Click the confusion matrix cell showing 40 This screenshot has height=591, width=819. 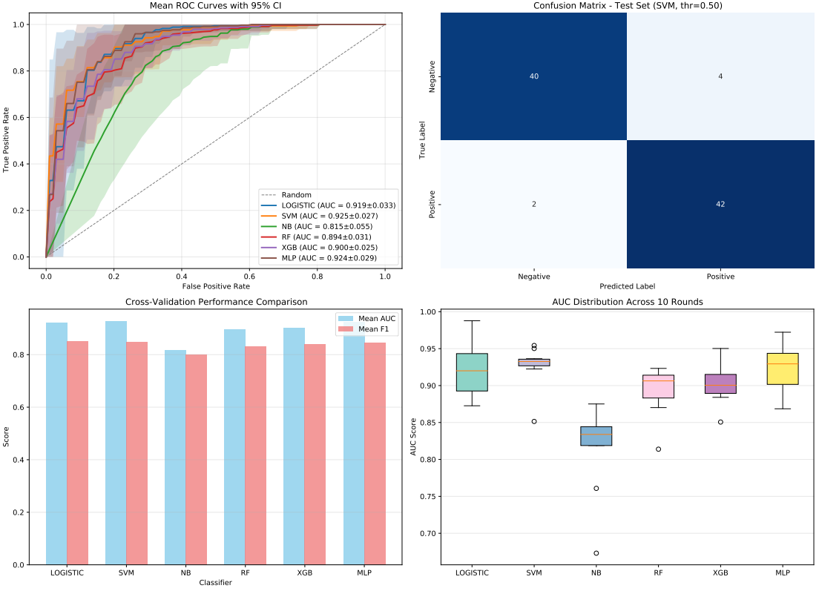pos(534,77)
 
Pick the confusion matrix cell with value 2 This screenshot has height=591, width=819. pos(534,204)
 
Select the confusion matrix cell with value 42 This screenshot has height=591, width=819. pos(720,204)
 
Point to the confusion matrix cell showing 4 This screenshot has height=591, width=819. pos(720,77)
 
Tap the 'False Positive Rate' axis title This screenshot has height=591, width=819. pos(216,285)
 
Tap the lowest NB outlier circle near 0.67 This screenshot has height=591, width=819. pos(596,553)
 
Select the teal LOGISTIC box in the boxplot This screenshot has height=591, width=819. pos(472,372)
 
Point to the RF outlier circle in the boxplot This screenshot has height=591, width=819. pos(658,449)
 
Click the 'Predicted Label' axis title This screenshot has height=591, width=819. pos(627,285)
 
